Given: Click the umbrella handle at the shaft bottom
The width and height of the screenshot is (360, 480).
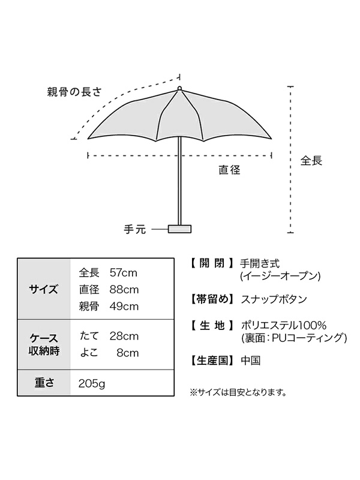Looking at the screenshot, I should pos(179,228).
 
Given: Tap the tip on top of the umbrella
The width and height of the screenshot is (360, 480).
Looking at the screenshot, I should pos(179,89).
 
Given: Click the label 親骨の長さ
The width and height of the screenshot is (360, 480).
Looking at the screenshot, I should pos(74,93).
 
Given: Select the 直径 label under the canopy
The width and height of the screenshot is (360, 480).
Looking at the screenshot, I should pos(229,170).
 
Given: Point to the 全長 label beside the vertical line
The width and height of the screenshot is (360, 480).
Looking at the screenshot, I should pos(311,161).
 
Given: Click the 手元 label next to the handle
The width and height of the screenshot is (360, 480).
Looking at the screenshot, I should pos(135,229).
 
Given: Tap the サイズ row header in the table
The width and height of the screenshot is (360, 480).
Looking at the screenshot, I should pos(44,290).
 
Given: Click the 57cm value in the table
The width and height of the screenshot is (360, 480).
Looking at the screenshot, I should pos(124,273).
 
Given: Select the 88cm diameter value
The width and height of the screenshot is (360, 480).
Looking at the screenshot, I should pos(124,290).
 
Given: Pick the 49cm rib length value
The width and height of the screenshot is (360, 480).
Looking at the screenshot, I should pos(124,307).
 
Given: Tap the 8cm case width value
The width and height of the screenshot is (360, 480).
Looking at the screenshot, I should pos(128,352).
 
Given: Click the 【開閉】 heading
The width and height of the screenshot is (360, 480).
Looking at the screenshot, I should pos(211,263).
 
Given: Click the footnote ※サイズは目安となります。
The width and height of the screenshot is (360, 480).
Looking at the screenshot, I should pos(238,393).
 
